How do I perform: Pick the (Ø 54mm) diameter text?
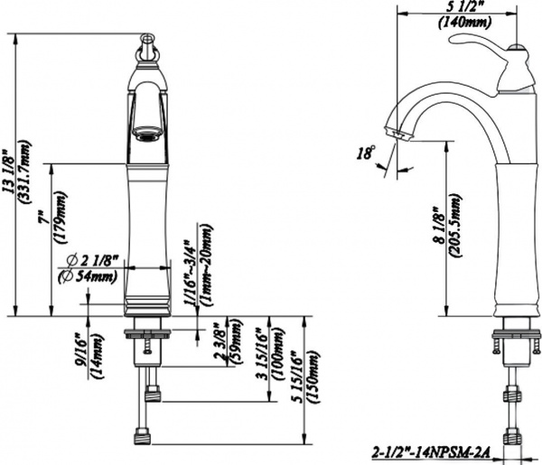[91, 275]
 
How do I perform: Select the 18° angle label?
[365, 153]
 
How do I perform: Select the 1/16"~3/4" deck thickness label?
[192, 275]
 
